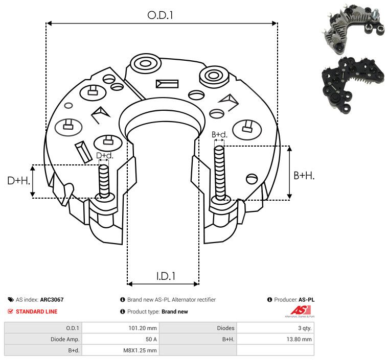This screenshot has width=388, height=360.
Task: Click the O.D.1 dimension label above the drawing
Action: point(160,15)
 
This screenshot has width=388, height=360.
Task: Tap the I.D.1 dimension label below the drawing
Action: point(166,276)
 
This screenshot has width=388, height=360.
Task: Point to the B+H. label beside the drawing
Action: point(304,176)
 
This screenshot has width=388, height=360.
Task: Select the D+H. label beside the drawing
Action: point(18,181)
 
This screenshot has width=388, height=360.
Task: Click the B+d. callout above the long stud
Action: point(219,134)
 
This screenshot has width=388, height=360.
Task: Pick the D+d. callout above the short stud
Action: point(104,156)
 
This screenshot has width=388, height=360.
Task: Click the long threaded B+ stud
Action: point(220,173)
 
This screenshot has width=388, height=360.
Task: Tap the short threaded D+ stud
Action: point(104,181)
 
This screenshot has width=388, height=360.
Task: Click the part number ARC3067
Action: point(52,300)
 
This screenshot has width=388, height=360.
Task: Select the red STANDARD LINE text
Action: point(37,311)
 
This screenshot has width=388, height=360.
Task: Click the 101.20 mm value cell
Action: point(143,328)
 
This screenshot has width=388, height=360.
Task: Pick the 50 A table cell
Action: point(151,339)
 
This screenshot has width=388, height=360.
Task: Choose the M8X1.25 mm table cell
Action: point(140,350)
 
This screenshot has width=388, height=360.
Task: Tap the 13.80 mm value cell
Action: point(299,339)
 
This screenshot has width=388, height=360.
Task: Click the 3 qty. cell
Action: point(305,328)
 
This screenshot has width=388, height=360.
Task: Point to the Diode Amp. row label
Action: point(65,339)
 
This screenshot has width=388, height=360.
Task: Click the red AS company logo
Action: point(300,311)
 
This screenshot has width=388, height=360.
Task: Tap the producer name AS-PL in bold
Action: point(307,300)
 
